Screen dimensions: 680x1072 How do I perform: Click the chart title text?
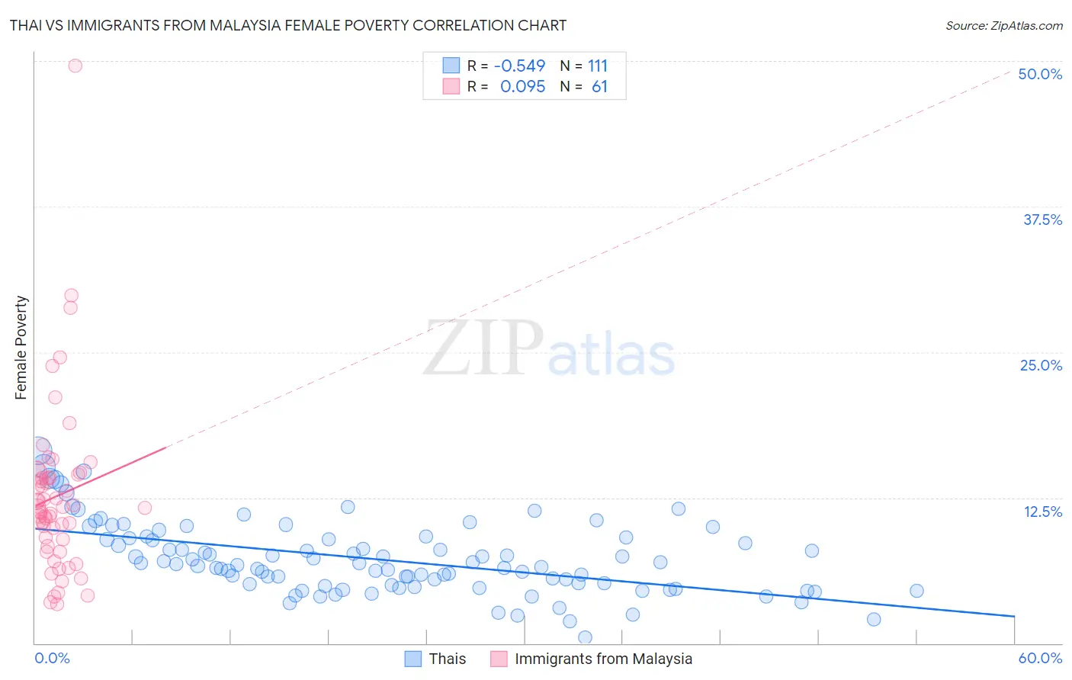pos(288,25)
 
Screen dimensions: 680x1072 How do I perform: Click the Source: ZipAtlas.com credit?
pos(1003,25)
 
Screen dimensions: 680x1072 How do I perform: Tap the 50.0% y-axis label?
pos(1040,74)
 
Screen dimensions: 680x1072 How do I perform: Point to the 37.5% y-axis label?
pos(1042,220)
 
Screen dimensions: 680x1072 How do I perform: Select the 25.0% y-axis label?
pos(1041,365)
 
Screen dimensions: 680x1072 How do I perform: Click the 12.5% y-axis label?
pos(1042,512)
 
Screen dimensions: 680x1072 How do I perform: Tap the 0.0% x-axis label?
pos(52,658)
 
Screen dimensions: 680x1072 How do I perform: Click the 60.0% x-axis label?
pos(1040,658)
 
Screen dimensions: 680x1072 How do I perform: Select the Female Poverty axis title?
pos(21,348)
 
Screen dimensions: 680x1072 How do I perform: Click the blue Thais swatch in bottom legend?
pos(413,659)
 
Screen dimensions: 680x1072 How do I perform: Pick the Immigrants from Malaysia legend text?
pos(603,659)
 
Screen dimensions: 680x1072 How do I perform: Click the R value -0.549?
pos(519,66)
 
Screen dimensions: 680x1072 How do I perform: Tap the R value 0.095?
pos(522,87)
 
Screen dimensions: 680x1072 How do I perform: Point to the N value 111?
pos(598,66)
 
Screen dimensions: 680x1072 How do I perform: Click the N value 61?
pos(599,87)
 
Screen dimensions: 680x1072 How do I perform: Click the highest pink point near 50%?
pos(75,66)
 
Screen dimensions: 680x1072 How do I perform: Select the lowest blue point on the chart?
pos(585,637)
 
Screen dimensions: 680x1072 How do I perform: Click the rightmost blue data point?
pos(916,591)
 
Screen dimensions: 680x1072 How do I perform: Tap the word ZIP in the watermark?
pos(483,348)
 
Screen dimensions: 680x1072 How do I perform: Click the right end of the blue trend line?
pos(1014,615)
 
